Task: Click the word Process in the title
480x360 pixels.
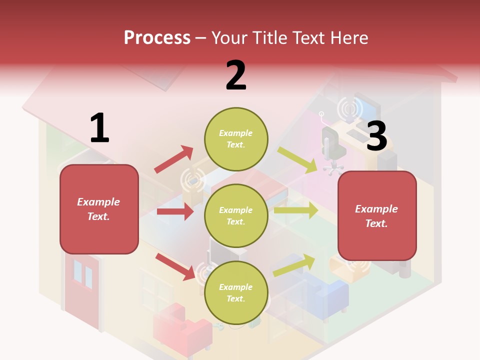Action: point(157,37)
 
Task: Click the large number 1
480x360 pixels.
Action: point(99,128)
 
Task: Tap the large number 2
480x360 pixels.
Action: point(236,75)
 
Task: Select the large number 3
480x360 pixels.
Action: point(377,136)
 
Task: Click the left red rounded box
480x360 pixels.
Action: point(99,209)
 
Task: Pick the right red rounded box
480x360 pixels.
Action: point(377,215)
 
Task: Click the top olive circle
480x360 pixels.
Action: point(236,138)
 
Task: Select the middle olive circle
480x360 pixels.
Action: point(236,215)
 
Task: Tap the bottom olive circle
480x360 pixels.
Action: point(236,292)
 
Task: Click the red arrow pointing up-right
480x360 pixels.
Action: point(174,159)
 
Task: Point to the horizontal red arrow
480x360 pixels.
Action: point(174,211)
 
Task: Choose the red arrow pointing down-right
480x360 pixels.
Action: point(175,266)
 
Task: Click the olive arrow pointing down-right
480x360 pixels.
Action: point(297,159)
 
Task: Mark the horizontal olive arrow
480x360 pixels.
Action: point(295,210)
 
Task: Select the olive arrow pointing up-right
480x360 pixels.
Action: point(294,265)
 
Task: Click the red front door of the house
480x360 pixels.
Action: point(82,290)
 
